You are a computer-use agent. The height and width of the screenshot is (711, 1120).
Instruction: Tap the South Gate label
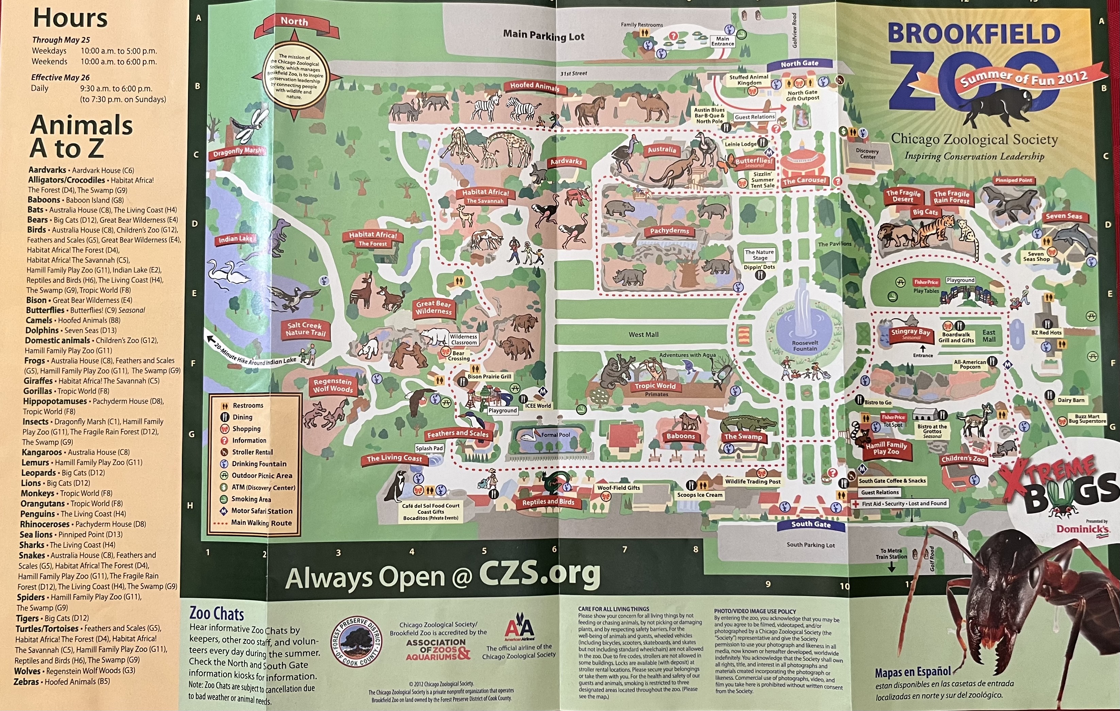[811, 524]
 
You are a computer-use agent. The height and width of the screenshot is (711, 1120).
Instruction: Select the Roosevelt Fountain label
[805, 345]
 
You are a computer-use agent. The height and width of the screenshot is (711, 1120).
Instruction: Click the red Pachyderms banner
[669, 231]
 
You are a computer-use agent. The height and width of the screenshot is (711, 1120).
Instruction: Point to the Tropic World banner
[655, 386]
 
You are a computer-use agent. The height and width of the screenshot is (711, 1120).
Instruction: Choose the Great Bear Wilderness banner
[434, 307]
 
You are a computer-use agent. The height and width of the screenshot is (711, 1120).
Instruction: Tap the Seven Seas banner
[1064, 216]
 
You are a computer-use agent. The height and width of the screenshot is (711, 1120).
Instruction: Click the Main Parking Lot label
[543, 35]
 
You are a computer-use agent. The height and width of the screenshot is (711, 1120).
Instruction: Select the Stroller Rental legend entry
[252, 452]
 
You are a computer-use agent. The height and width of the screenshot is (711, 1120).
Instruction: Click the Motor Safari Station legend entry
[262, 511]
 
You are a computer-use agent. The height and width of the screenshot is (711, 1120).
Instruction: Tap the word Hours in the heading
[70, 18]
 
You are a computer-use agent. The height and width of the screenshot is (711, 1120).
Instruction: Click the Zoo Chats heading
[217, 613]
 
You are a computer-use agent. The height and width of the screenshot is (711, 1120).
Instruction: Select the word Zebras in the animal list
[27, 682]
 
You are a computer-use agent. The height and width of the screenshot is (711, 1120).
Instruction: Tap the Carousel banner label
[805, 181]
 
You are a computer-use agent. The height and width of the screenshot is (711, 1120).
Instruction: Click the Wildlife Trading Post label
[752, 481]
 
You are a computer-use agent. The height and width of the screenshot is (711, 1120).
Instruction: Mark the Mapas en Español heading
[913, 672]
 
